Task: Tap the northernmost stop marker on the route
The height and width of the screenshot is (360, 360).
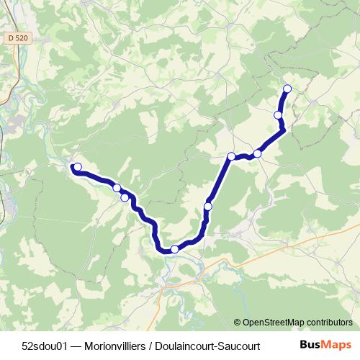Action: pos(287,89)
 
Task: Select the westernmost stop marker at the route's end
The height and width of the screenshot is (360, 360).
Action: pos(78,167)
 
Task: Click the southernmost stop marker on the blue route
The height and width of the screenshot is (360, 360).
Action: pos(174,249)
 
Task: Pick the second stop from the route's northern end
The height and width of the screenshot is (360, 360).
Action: pos(278,114)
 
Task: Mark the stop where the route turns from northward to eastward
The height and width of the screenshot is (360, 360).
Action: pos(232,156)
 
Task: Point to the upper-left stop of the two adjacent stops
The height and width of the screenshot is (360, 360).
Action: pos(117,188)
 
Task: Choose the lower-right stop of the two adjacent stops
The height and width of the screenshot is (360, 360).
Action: pos(125,197)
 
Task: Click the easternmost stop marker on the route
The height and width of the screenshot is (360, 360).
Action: pos(287,89)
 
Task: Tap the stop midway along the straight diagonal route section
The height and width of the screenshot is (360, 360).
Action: pos(208,207)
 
